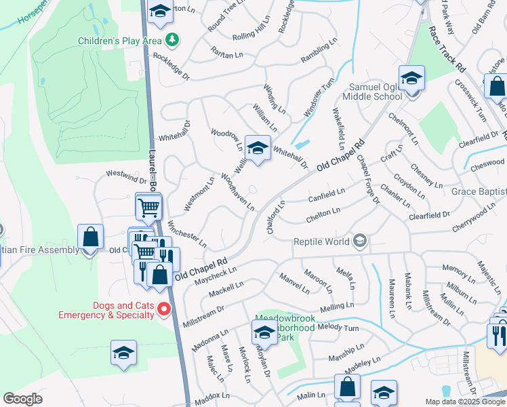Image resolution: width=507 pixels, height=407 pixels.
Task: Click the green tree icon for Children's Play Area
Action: coord(173,40)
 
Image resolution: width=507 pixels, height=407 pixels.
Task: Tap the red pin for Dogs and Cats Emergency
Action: coord(163,309)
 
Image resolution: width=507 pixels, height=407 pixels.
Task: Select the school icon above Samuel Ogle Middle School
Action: coord(411,78)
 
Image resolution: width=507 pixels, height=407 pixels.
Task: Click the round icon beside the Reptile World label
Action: coord(360,241)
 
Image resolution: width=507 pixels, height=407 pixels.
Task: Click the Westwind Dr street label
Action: coord(126,177)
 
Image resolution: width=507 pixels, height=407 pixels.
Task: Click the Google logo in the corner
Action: coord(23,399)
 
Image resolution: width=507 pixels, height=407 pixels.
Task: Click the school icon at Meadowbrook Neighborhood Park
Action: coord(264,332)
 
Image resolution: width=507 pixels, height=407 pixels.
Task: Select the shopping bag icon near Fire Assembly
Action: coord(90,237)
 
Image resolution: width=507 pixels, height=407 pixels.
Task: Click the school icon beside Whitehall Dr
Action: coord(257,148)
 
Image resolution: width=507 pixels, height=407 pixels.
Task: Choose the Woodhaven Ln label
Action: coord(237,191)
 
